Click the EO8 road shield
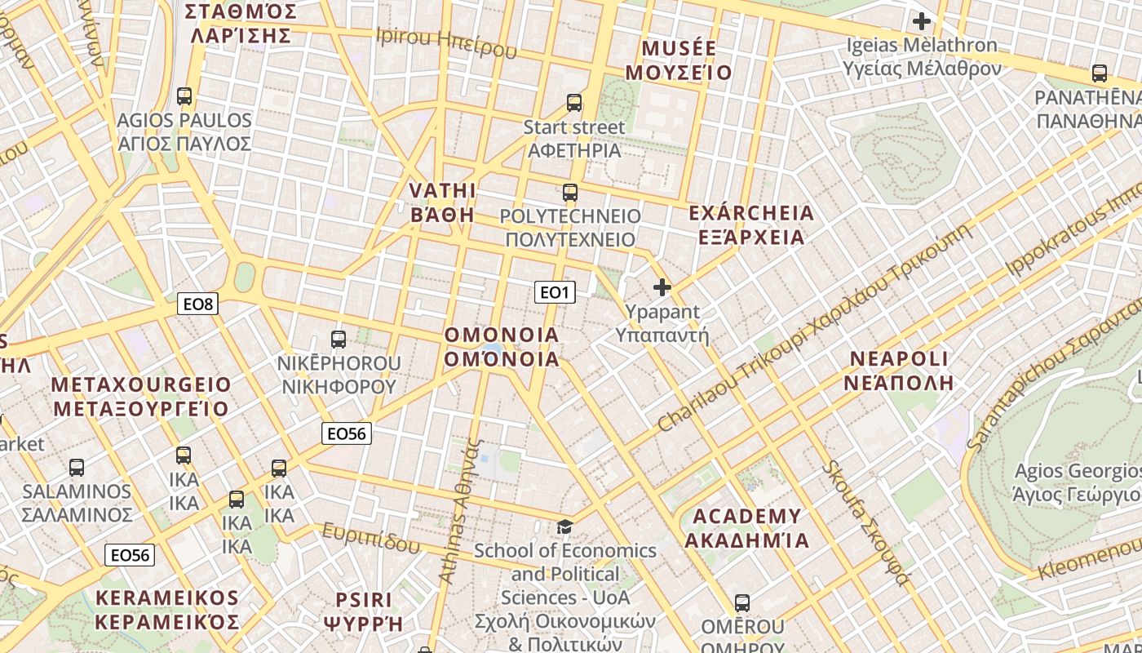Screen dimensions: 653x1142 [197, 304]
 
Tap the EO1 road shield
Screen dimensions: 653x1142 [555, 292]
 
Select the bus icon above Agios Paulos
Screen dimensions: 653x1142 [184, 96]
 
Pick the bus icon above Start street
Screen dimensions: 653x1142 [574, 103]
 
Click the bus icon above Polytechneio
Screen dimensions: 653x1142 [570, 193]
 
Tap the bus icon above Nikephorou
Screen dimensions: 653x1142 [339, 339]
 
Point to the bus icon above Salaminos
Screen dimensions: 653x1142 [77, 468]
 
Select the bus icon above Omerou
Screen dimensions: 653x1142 [742, 603]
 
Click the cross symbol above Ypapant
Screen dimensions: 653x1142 [662, 287]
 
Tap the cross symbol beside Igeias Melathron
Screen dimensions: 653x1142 [922, 20]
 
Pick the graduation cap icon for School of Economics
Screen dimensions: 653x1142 [564, 526]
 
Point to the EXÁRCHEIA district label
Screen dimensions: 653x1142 [751, 214]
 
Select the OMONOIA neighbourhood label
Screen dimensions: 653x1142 [502, 335]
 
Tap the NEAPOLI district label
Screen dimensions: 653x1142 [899, 359]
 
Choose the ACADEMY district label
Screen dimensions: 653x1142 [746, 517]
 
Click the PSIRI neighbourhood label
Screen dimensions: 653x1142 [364, 601]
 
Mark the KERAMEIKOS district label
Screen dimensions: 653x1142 [167, 598]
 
